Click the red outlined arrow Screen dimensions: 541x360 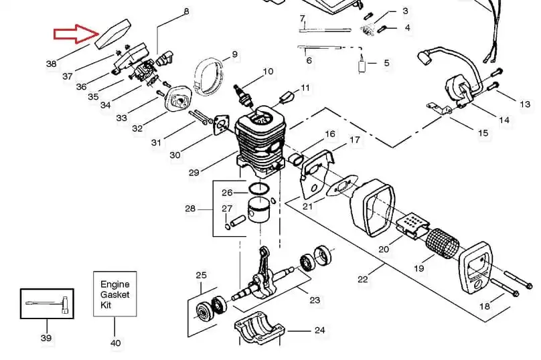click(76, 34)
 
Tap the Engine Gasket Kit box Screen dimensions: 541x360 click(115, 294)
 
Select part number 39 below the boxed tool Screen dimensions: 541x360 click(46, 338)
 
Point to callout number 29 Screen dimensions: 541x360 click(194, 172)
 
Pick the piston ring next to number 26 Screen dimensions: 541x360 click(259, 189)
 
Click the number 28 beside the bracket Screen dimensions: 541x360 click(190, 209)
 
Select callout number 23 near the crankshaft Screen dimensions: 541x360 click(315, 300)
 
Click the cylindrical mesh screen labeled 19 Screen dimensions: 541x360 click(443, 244)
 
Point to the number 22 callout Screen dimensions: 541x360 click(363, 279)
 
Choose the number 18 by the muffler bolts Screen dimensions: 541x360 click(485, 306)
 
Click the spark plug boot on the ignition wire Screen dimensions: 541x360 click(425, 57)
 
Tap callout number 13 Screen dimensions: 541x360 click(525, 104)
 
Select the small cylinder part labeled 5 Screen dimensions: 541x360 click(362, 66)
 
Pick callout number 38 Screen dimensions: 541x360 click(52, 64)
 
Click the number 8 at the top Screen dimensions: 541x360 click(186, 11)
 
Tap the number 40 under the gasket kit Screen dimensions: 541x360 click(116, 343)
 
